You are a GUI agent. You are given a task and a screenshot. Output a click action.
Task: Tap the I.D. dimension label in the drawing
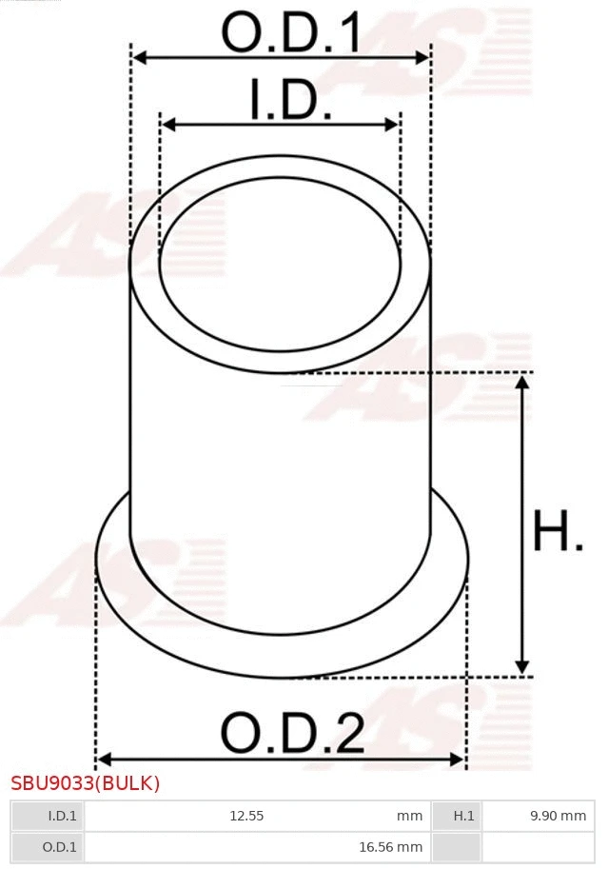[x=290, y=100]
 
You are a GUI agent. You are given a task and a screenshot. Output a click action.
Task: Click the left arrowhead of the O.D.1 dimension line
[x=139, y=58]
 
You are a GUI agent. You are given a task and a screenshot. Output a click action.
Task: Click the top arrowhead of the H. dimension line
[x=521, y=382]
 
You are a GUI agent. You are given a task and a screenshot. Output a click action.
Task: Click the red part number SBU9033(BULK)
[x=86, y=784]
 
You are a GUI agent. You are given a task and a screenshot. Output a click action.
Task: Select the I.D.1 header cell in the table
[x=47, y=816]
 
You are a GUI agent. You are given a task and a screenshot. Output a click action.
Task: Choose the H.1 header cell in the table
[x=457, y=816]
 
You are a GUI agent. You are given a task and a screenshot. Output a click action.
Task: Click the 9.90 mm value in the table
[x=558, y=816]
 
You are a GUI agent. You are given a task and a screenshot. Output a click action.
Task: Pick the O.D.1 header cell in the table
[x=47, y=847]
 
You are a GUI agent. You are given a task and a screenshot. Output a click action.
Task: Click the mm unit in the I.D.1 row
[x=410, y=816]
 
